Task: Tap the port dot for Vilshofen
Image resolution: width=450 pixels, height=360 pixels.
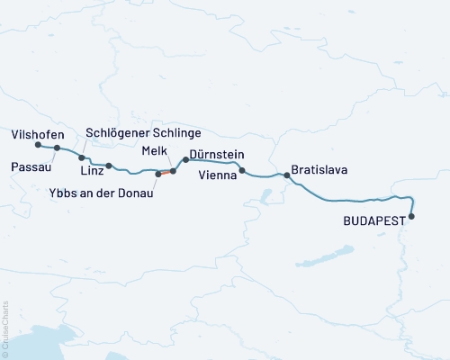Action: click(38, 145)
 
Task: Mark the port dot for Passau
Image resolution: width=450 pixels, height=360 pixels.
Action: click(57, 148)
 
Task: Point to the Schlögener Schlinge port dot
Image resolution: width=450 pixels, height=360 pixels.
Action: click(82, 157)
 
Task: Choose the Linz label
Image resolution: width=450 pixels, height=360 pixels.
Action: click(92, 171)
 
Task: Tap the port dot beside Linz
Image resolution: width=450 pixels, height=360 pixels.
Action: click(109, 166)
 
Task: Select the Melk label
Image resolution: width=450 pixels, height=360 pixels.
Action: click(156, 153)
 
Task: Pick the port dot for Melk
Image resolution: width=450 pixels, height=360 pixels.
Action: click(173, 170)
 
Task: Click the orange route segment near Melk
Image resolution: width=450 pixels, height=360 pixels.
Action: click(166, 172)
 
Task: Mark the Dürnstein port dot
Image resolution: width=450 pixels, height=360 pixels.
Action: click(185, 159)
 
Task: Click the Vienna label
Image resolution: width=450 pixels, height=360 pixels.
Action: click(218, 177)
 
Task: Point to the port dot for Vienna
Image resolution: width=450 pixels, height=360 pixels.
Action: click(242, 170)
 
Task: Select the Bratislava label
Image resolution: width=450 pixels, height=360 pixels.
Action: click(319, 169)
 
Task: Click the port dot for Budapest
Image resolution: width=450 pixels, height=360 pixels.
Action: click(412, 216)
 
